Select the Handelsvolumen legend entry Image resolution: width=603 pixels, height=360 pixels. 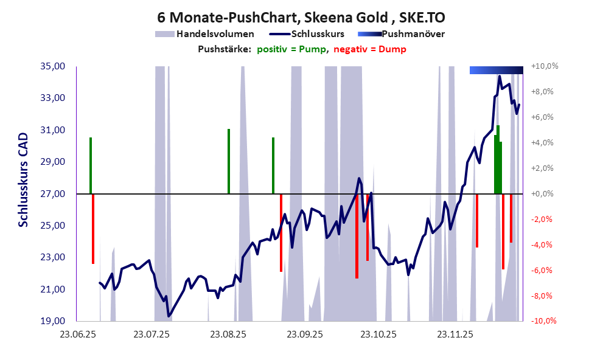tap(214, 34)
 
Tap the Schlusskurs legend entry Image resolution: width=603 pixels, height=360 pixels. tap(318, 34)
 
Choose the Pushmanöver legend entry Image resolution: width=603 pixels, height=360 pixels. tap(412, 34)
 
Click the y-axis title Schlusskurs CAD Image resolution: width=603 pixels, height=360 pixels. tap(23, 180)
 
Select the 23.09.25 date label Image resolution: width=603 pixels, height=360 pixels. tap(304, 334)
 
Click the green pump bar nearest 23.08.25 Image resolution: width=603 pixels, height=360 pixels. tap(229, 161)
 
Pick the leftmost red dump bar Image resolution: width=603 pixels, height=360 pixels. tap(93, 228)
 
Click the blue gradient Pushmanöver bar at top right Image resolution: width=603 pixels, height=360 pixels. tap(496, 71)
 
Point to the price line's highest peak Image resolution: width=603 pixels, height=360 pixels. tap(500, 77)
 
